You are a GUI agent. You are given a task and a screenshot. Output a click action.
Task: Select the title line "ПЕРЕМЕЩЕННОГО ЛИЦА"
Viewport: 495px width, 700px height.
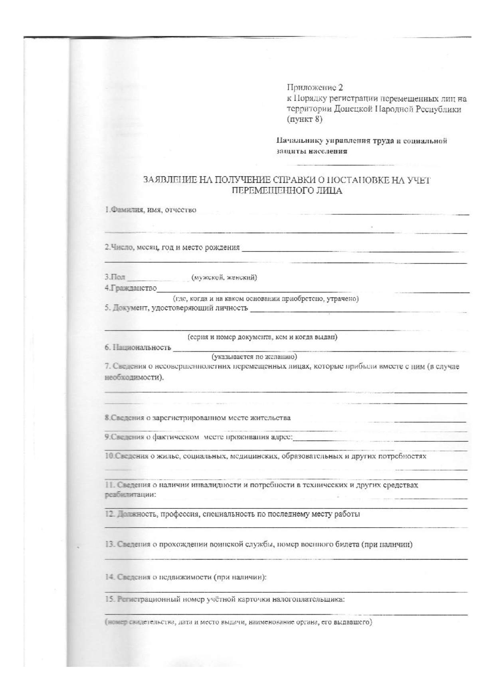[287, 191]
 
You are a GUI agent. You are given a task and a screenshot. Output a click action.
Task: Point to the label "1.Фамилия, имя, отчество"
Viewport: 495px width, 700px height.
[150, 210]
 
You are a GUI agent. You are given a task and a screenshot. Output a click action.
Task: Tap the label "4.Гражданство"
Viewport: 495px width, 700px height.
[131, 288]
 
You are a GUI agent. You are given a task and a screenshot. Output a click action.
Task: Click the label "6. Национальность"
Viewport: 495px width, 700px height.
[138, 347]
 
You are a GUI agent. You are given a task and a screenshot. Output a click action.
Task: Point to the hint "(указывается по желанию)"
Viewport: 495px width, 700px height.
[254, 356]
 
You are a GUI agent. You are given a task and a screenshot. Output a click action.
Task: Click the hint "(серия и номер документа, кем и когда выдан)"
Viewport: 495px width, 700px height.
[263, 337]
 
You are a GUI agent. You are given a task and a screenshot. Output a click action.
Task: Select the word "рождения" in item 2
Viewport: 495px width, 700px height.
[222, 247]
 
